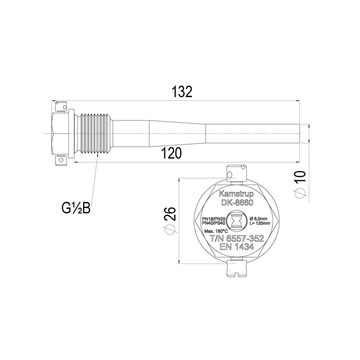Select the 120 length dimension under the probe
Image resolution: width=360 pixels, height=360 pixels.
pos(171,153)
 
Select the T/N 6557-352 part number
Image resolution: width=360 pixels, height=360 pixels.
pos(237,239)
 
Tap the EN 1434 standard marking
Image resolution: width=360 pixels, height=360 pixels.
pos(237,248)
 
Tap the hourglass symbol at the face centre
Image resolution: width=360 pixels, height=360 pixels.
pos(237,221)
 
